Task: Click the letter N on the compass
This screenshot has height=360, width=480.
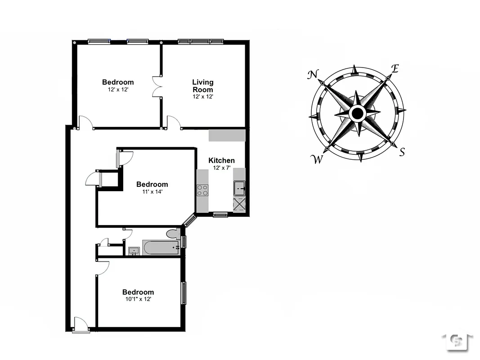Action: pyautogui.click(x=313, y=75)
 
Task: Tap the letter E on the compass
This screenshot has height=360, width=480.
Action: pyautogui.click(x=395, y=69)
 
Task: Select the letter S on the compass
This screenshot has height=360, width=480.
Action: pyautogui.click(x=402, y=152)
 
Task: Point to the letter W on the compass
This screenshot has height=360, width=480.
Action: pyautogui.click(x=318, y=159)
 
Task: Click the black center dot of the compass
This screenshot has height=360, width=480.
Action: pyautogui.click(x=358, y=113)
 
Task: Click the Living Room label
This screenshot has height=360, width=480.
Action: pyautogui.click(x=203, y=85)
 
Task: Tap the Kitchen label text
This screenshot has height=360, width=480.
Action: pyautogui.click(x=221, y=161)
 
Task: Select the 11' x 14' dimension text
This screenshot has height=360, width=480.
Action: pyautogui.click(x=152, y=191)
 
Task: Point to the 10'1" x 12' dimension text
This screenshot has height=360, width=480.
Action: pyautogui.click(x=138, y=299)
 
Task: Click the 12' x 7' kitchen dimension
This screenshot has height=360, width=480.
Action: pyautogui.click(x=221, y=168)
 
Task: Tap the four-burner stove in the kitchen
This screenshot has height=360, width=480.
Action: pyautogui.click(x=202, y=190)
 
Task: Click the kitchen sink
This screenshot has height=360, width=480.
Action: pyautogui.click(x=239, y=187)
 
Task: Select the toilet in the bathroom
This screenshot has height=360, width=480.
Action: pyautogui.click(x=173, y=234)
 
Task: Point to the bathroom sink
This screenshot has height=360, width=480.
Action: pyautogui.click(x=134, y=251)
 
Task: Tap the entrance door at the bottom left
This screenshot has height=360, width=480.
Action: pyautogui.click(x=81, y=325)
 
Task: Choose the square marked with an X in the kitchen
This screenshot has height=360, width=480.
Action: pyautogui.click(x=239, y=204)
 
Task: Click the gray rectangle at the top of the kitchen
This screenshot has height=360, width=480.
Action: pyautogui.click(x=227, y=135)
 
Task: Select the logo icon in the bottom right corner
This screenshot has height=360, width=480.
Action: pyautogui.click(x=457, y=342)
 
